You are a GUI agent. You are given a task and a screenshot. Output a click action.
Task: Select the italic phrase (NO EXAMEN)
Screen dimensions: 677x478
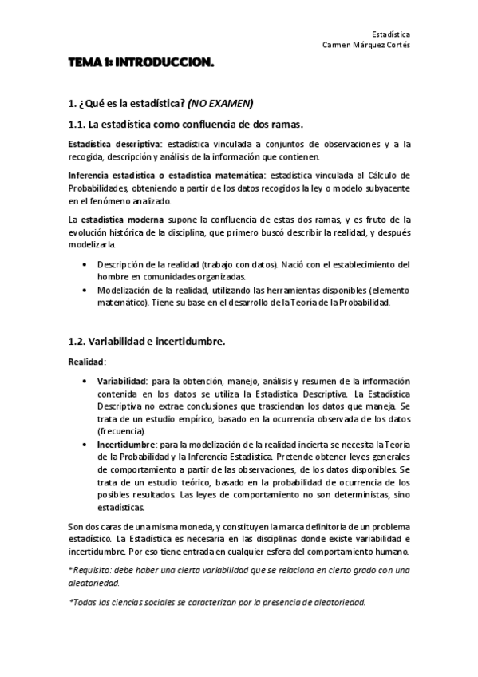tap(220, 104)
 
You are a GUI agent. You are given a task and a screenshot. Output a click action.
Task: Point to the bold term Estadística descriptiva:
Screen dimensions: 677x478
tap(105, 144)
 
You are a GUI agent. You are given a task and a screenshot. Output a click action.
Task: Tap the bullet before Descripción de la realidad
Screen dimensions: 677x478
tap(85, 264)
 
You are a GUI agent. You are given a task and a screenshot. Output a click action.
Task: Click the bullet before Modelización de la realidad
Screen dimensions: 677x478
tap(85, 290)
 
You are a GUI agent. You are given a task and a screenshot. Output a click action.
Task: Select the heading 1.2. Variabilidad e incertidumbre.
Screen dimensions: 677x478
tap(146, 342)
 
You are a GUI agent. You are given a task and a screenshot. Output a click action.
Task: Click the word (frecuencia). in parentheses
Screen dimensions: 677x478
tap(122, 431)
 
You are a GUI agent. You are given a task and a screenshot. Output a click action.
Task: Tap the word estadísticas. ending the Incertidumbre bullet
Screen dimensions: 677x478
tap(121, 508)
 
